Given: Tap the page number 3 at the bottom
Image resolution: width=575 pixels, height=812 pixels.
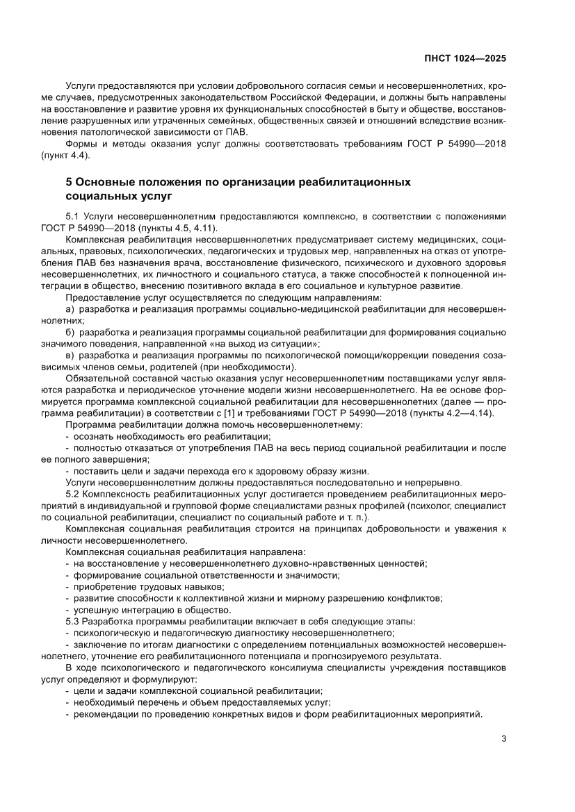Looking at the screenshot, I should (x=503, y=738).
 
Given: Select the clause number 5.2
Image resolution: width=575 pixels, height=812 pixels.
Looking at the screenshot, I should (x=72, y=492).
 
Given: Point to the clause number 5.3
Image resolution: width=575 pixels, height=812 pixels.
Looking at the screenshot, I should (x=72, y=620).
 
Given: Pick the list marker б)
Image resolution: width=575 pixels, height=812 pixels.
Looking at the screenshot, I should (x=70, y=332).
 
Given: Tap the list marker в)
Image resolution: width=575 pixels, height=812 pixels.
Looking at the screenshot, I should (x=70, y=355).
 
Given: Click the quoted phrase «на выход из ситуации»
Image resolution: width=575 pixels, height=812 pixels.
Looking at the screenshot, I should (x=264, y=343).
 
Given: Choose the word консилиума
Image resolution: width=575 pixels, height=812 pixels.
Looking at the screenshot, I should (x=283, y=667).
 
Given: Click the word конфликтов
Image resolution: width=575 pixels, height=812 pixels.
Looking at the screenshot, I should (x=415, y=597).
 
